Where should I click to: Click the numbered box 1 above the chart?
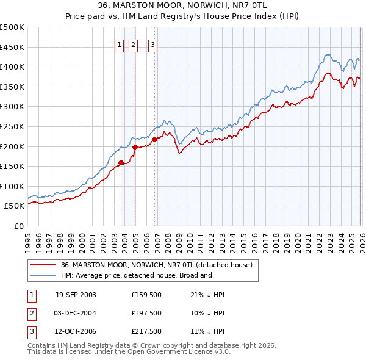click(119, 44)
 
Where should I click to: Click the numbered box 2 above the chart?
click(134, 44)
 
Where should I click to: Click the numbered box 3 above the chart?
click(152, 44)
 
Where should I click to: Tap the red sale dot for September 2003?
click(121, 162)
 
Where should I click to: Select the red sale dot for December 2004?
click(135, 147)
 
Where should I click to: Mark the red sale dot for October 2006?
click(155, 139)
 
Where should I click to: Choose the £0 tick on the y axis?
click(18, 226)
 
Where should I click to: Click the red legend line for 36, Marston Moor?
click(44, 265)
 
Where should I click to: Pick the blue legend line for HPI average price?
click(44, 275)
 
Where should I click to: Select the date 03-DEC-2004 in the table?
click(76, 313)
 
